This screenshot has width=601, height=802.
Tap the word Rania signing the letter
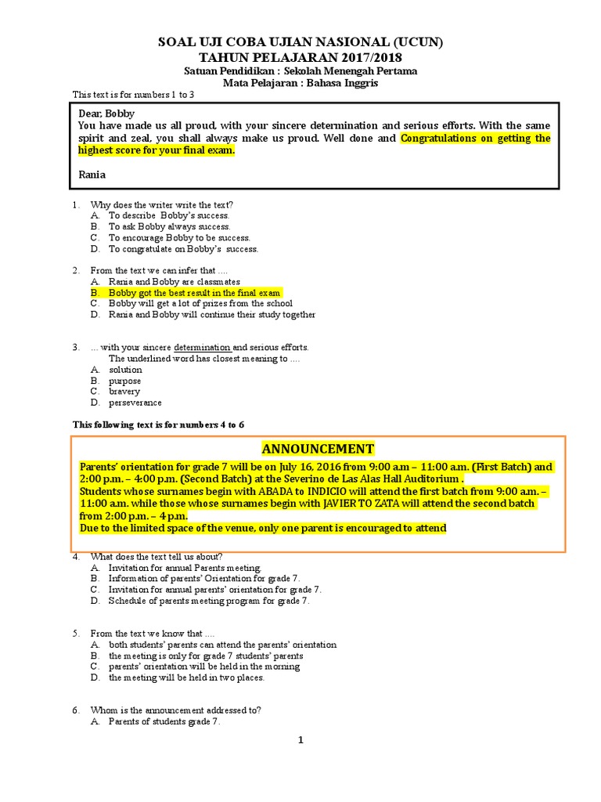coord(92,175)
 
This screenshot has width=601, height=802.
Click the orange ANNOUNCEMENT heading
coord(318,449)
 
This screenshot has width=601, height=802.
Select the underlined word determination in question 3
coord(202,347)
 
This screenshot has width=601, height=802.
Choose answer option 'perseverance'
coord(135,403)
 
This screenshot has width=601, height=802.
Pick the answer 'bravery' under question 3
coord(124,392)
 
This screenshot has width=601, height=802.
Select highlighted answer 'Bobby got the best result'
coord(194,292)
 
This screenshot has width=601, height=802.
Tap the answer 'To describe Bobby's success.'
coord(168,215)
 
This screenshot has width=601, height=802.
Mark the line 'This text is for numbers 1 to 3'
coord(133,95)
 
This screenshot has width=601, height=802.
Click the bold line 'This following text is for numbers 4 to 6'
coord(158,424)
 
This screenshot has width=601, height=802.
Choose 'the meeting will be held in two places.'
coord(186,677)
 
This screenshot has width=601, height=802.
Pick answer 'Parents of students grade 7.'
coord(164,722)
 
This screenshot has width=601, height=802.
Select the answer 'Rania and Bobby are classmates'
coord(174,281)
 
